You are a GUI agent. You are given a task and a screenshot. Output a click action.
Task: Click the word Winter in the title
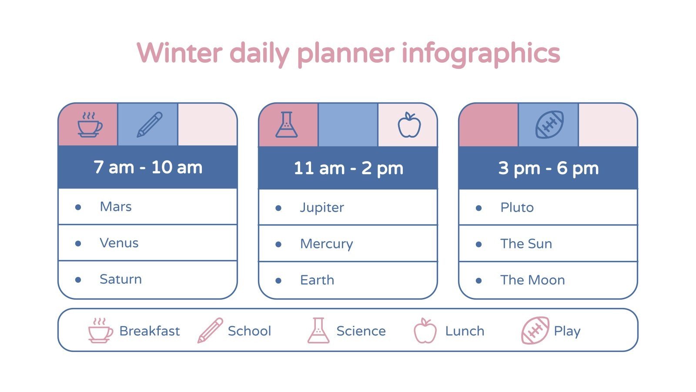click(x=180, y=53)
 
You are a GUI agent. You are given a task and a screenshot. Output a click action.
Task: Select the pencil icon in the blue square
click(x=149, y=125)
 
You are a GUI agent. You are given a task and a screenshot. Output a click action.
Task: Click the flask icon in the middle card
click(x=286, y=125)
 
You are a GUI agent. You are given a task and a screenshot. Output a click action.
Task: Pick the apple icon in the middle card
click(x=409, y=125)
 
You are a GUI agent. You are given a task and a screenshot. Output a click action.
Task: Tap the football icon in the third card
click(x=549, y=125)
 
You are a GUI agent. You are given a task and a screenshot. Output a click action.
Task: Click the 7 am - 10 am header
click(x=148, y=167)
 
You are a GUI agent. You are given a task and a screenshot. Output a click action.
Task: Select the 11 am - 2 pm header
click(x=348, y=168)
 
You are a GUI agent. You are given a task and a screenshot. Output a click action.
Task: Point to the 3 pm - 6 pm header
click(x=548, y=168)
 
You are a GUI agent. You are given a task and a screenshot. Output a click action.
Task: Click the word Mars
click(x=115, y=206)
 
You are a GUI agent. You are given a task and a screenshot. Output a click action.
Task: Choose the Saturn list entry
click(x=120, y=279)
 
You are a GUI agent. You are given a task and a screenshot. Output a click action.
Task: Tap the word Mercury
click(x=326, y=244)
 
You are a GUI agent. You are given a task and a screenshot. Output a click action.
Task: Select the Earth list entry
click(x=317, y=280)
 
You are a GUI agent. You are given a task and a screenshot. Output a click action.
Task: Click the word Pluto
click(x=517, y=207)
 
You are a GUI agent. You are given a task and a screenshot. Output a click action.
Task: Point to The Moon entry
click(x=532, y=280)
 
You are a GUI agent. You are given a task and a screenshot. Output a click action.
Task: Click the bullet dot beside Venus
click(x=78, y=243)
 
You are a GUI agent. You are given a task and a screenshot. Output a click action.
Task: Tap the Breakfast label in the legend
click(x=149, y=331)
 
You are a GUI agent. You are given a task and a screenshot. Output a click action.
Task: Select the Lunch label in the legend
click(x=465, y=331)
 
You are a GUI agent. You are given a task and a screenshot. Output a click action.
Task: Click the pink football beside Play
click(x=535, y=331)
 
